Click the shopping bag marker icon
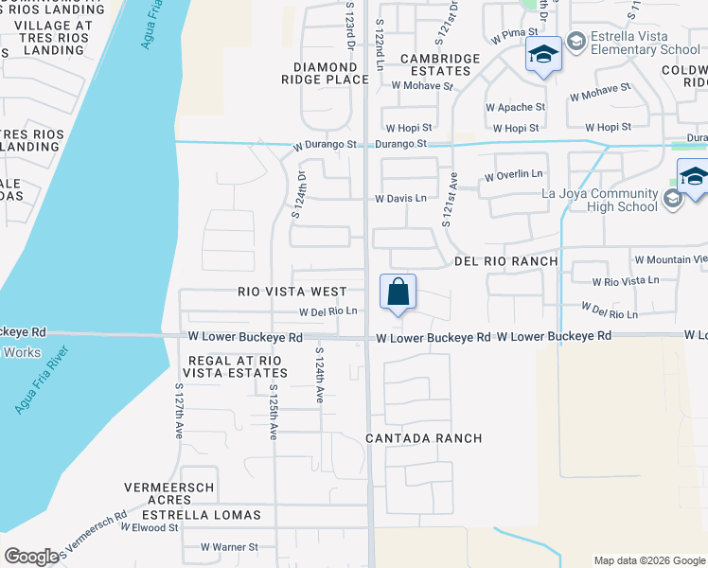pyautogui.click(x=398, y=293)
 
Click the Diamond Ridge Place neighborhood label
pyautogui.click(x=330, y=74)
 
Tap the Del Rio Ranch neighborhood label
pyautogui.click(x=505, y=260)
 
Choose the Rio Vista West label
pyautogui.click(x=292, y=293)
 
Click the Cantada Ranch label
pyautogui.click(x=425, y=438)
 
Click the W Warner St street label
pyautogui.click(x=229, y=547)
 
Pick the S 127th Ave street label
pyautogui.click(x=178, y=411)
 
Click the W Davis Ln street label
pyautogui.click(x=400, y=199)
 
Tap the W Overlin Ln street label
pyautogui.click(x=513, y=175)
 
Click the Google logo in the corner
pyautogui.click(x=31, y=557)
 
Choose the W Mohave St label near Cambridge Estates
pyautogui.click(x=422, y=85)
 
